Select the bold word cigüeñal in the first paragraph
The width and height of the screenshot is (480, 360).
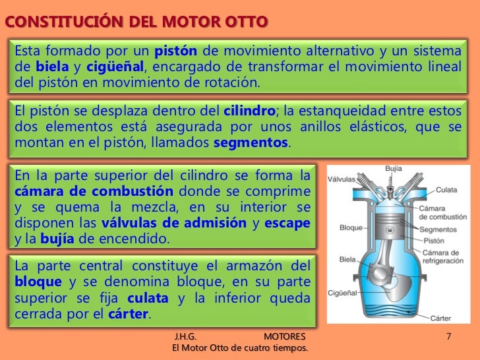[113, 67]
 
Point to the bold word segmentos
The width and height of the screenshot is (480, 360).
[252, 142]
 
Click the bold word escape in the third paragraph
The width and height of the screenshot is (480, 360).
[287, 223]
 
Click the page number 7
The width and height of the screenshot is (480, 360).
[448, 337]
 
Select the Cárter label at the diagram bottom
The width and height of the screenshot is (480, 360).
[440, 318]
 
